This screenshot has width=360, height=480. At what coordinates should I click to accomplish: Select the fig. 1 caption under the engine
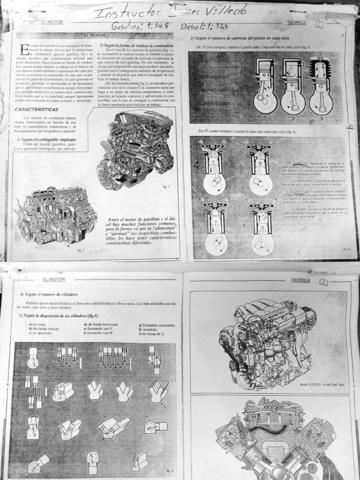pos(165,187)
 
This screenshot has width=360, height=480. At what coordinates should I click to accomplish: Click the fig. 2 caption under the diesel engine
pos(81,250)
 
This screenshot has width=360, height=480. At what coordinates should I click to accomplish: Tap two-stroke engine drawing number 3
pos(321,87)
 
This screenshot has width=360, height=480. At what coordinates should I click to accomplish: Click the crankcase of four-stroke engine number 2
pos(260,184)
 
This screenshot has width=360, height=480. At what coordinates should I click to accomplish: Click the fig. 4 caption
pos(346,249)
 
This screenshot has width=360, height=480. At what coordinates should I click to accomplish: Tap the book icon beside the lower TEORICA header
pos(323,281)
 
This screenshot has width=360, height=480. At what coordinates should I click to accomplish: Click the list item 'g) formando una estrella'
pos(157,325)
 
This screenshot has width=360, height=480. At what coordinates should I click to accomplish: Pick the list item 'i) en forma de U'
pos(152,333)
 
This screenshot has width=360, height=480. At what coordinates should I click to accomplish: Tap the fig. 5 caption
pos(169,470)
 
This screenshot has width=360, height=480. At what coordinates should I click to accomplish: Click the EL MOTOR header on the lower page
pos(53,279)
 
